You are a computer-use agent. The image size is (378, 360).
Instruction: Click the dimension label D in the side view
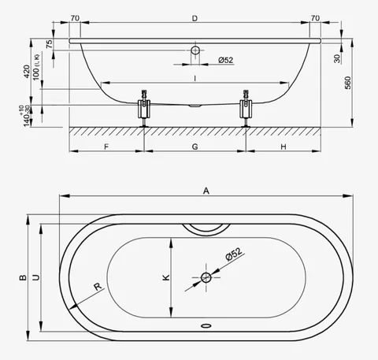[x=195, y=18]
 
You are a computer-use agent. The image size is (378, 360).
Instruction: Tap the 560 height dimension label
[x=347, y=83]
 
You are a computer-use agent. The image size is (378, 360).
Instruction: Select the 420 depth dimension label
[x=27, y=72]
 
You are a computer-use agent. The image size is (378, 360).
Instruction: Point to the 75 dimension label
[x=49, y=44]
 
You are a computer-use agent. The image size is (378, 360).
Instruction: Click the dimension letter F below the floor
[x=106, y=147]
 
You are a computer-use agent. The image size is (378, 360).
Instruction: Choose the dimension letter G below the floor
[x=195, y=147]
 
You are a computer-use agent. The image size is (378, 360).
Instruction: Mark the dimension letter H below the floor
[x=283, y=147]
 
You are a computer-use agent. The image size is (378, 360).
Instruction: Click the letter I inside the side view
[x=195, y=79]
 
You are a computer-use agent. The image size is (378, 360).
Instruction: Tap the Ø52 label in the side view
[x=225, y=60]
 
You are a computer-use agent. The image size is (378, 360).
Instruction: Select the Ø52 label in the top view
[x=234, y=254]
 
